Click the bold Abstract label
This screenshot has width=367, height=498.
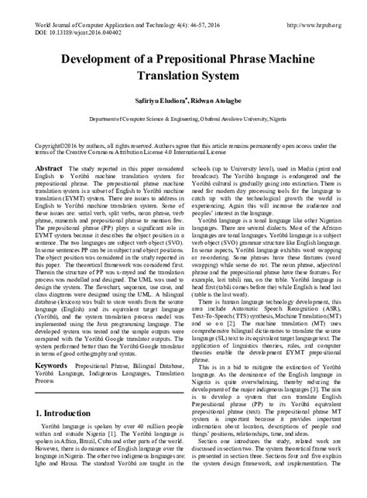(x=50, y=167)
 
